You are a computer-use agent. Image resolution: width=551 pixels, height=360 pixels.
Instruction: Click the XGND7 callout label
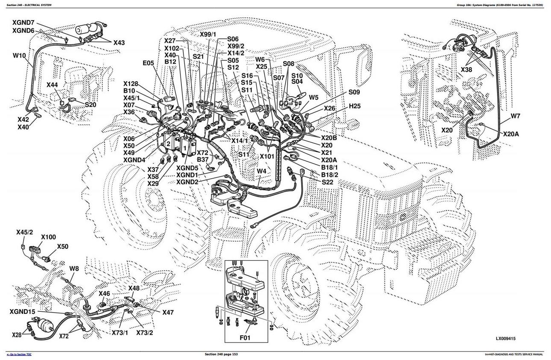click(x=23, y=22)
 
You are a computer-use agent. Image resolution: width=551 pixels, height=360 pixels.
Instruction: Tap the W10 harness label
click(x=19, y=56)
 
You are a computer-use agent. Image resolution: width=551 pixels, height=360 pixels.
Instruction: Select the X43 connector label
click(x=119, y=43)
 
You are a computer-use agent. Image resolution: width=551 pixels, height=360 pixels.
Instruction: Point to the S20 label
click(x=90, y=105)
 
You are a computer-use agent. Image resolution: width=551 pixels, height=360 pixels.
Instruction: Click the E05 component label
click(x=148, y=63)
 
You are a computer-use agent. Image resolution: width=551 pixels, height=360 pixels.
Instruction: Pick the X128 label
click(x=131, y=84)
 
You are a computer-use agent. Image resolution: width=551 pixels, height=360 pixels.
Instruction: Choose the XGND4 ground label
click(x=134, y=160)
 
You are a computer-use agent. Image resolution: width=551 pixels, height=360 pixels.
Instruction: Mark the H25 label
click(x=355, y=106)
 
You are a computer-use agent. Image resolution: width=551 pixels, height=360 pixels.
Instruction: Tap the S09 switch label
click(x=354, y=92)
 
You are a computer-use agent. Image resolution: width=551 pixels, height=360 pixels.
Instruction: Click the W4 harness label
click(x=262, y=172)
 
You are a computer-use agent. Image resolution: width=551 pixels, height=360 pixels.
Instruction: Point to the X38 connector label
click(x=467, y=70)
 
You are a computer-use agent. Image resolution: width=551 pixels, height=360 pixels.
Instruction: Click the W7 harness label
click(x=515, y=116)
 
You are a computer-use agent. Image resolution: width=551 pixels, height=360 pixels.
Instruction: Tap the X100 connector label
click(x=48, y=237)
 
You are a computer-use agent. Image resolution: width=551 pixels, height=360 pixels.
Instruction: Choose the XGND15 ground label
click(x=23, y=312)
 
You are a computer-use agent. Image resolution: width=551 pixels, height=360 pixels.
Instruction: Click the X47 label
click(x=168, y=313)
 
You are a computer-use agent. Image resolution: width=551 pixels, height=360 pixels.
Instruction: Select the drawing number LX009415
click(x=506, y=339)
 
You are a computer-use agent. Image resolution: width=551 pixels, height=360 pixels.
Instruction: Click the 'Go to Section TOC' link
click(x=19, y=354)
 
